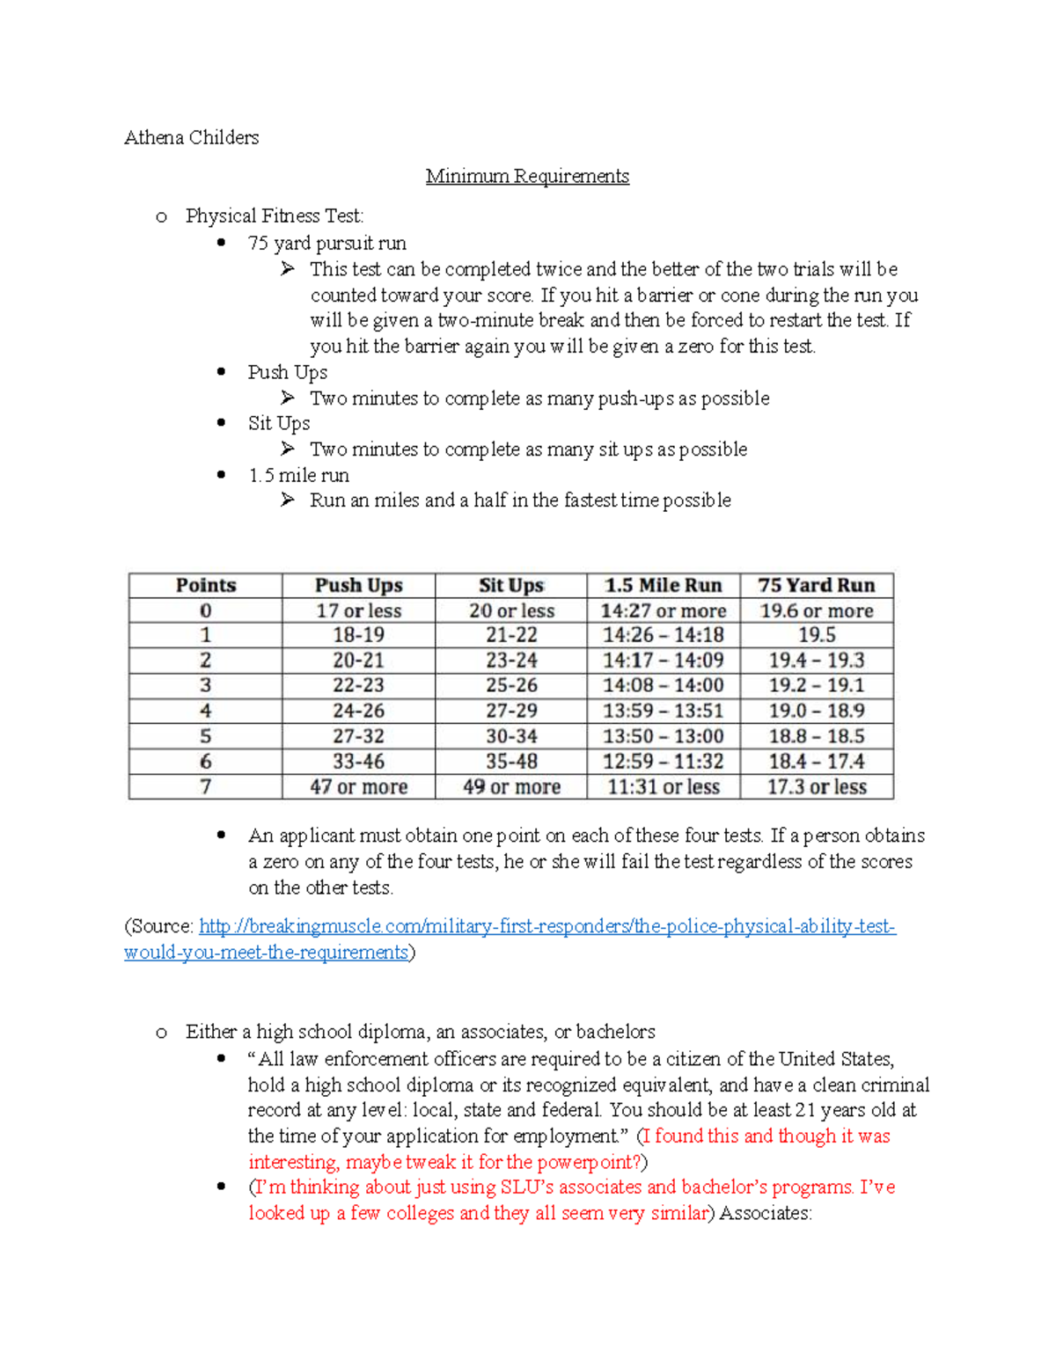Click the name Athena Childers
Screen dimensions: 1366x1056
191,137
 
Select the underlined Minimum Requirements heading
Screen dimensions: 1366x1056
527,176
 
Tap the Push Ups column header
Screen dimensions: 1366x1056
358,585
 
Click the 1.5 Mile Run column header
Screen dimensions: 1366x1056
663,585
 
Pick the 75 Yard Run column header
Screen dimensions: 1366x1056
816,585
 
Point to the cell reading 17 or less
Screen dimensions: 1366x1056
358,610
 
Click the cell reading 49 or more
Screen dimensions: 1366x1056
511,786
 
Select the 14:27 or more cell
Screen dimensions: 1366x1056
663,610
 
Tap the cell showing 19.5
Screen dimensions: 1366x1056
816,635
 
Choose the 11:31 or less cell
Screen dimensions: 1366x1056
663,786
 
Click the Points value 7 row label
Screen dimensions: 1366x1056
205,786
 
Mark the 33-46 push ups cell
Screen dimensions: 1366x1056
358,761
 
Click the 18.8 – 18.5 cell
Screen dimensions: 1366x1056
816,736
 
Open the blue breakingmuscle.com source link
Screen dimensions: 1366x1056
546,926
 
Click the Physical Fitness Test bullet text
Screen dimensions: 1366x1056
274,216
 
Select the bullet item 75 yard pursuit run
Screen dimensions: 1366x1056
326,243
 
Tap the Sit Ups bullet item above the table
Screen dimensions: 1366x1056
278,423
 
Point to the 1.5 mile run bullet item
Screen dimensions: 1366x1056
298,475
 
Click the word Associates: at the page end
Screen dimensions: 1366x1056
765,1213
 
